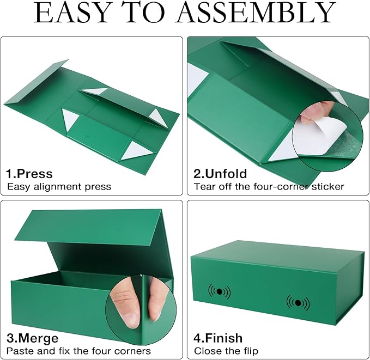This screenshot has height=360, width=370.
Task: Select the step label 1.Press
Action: [29, 174]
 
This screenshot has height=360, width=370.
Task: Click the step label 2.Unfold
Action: [220, 174]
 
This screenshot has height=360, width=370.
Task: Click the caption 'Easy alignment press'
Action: [59, 187]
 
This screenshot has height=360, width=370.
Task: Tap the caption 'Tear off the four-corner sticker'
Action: [269, 187]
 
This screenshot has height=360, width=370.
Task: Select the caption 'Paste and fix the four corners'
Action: [78, 351]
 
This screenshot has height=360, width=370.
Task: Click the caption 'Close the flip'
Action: [226, 351]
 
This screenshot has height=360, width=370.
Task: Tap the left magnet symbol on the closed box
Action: [219, 291]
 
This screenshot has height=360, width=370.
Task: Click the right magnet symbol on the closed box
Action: [298, 302]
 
